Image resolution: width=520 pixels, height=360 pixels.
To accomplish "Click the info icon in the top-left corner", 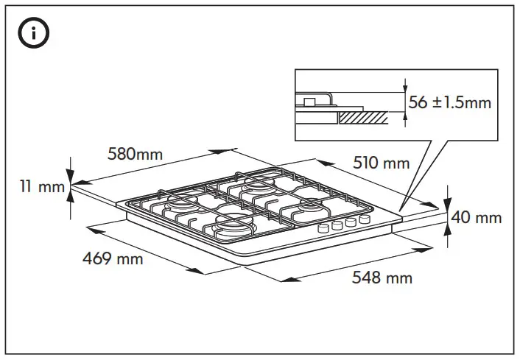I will [x=35, y=34].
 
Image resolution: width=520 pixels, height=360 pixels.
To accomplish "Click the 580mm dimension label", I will [x=135, y=155].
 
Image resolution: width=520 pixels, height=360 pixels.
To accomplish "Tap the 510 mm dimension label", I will [x=381, y=163].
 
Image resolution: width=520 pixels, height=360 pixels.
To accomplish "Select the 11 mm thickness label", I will [x=42, y=187].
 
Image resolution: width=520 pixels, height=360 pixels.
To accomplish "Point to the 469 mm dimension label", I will [x=113, y=258].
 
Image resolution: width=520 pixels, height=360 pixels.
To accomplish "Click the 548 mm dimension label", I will [x=382, y=278].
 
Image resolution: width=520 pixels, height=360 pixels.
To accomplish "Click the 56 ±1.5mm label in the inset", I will [x=449, y=102].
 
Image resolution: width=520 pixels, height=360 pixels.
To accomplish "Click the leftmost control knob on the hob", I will [x=323, y=229].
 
